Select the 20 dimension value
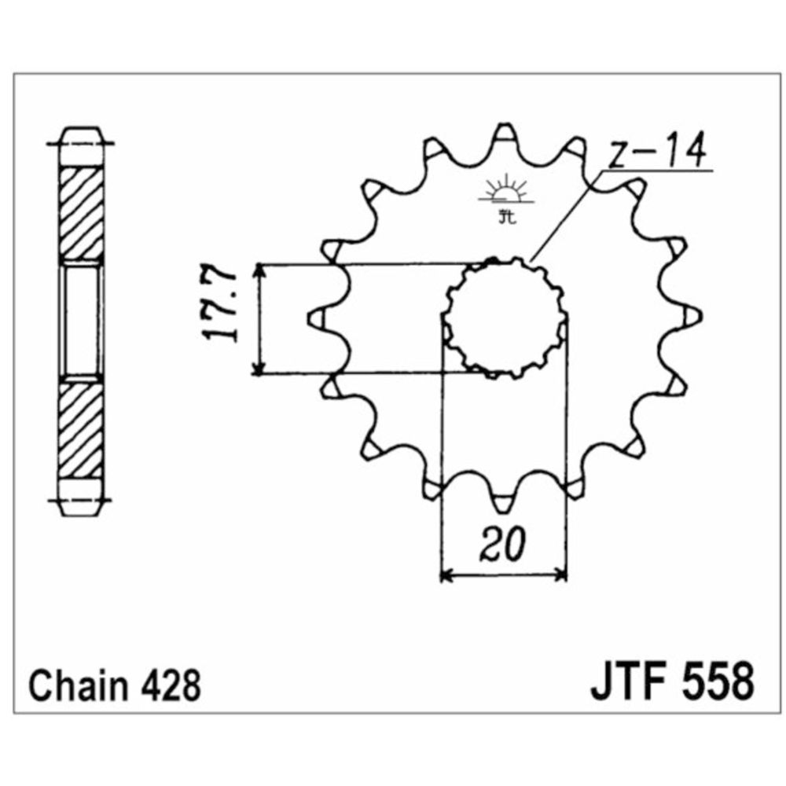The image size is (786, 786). [500, 545]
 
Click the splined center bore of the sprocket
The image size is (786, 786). [505, 318]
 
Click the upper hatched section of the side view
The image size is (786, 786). [81, 213]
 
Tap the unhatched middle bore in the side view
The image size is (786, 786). [81, 320]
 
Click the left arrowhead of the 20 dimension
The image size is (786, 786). [446, 576]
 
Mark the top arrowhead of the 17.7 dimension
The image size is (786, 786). [259, 270]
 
